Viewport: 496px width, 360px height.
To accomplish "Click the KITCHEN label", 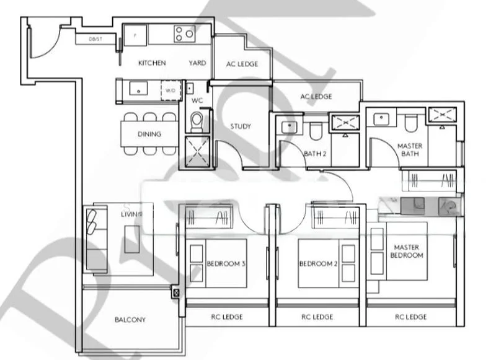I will (x=151, y=63).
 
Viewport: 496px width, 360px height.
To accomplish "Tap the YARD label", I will (x=197, y=63).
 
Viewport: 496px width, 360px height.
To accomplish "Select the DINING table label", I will (x=149, y=134).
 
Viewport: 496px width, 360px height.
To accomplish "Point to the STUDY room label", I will (x=241, y=126).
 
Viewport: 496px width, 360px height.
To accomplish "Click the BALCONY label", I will (x=130, y=320).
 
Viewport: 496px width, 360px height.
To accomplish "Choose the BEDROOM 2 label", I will (x=318, y=264).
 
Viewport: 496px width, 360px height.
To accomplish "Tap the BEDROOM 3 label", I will (x=226, y=264).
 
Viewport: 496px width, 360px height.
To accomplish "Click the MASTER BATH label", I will (x=409, y=150).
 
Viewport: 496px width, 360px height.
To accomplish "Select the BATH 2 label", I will (x=316, y=154).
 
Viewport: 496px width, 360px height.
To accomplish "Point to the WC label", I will (x=197, y=100).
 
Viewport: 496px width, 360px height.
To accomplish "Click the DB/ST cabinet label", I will (x=95, y=39).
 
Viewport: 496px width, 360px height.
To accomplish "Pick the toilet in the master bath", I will (x=410, y=123).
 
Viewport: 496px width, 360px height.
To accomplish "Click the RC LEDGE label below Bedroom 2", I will (x=317, y=317).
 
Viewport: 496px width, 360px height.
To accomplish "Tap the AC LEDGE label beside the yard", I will (x=242, y=64).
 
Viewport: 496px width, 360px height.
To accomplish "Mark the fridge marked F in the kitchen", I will (x=135, y=34).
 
